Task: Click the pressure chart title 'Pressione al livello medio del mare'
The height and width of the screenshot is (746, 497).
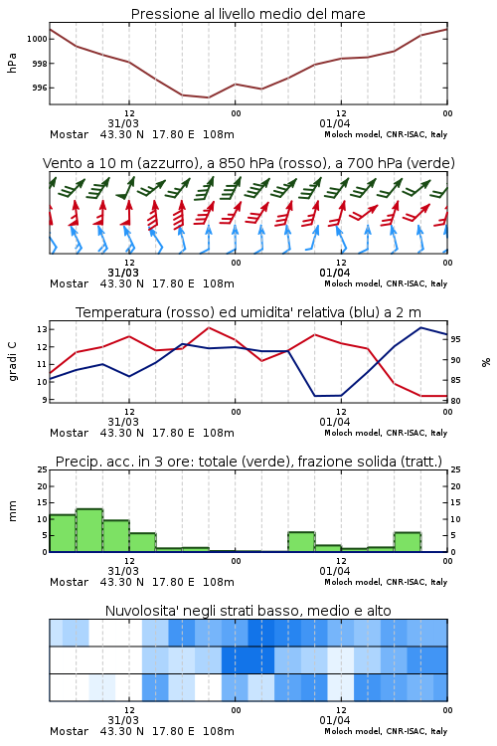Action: [248, 14]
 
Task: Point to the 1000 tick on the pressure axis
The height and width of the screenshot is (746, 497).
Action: [37, 39]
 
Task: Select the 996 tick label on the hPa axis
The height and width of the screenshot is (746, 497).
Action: [40, 88]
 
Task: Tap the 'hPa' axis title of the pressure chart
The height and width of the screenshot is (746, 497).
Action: [12, 64]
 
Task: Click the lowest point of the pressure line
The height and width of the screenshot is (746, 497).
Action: [208, 97]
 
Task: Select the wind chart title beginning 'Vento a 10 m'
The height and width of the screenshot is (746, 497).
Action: [248, 163]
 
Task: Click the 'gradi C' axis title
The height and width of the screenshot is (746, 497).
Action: [13, 361]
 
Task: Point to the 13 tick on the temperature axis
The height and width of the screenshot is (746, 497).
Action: [42, 329]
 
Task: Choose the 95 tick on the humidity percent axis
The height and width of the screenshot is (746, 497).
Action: [455, 339]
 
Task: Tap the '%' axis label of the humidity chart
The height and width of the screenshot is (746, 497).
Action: [486, 362]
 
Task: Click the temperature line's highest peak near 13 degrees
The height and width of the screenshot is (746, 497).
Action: [209, 327]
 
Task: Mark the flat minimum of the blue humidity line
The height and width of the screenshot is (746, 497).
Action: [328, 396]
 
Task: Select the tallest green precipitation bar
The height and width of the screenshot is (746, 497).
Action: [89, 530]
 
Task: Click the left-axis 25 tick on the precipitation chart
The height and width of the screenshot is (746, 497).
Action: [42, 469]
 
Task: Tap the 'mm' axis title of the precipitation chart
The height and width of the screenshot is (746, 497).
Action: [12, 511]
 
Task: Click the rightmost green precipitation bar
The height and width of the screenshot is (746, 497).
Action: [408, 542]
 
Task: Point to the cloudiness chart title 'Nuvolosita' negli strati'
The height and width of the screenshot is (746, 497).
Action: [248, 611]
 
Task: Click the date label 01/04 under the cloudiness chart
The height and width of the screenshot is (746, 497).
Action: [335, 720]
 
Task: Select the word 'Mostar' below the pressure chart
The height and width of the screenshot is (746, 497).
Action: [69, 134]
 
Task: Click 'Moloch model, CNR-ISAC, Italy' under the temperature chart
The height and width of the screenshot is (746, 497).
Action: [386, 433]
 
